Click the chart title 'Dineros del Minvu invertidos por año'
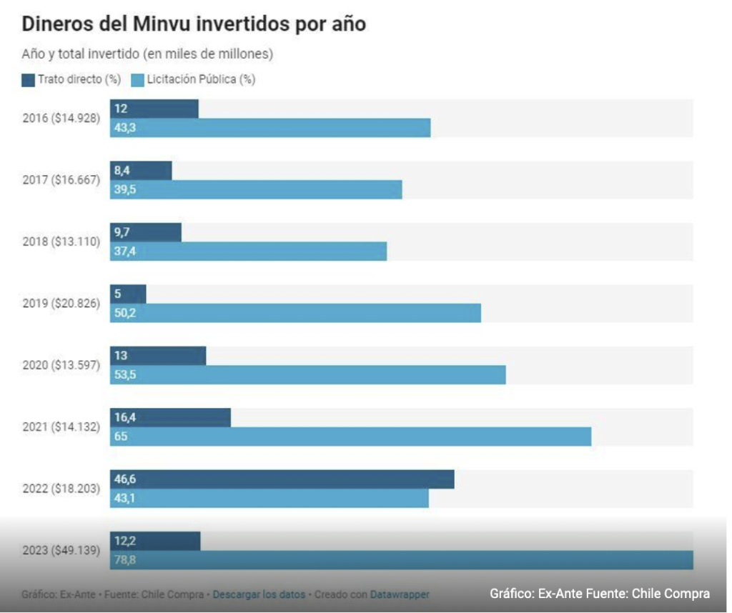click(x=194, y=24)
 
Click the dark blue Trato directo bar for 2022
click(x=282, y=479)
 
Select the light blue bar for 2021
click(x=350, y=436)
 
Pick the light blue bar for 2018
click(x=248, y=251)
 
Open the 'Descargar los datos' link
click(x=259, y=594)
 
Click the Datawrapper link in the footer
click(x=400, y=594)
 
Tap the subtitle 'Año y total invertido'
click(x=147, y=54)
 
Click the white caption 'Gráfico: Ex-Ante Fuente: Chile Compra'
click(x=599, y=594)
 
